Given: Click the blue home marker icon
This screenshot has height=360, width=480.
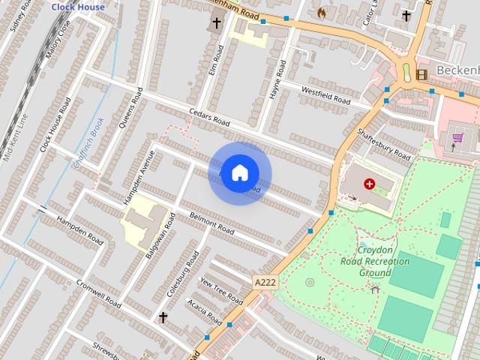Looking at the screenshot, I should pos(239,172).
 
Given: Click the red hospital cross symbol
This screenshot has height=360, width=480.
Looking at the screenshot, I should pos(370,183).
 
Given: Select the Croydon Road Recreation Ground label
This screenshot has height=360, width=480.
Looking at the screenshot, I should pos(374,262).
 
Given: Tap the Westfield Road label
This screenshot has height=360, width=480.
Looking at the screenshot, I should pos(325,95).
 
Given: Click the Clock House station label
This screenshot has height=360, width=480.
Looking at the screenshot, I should pos(77,7).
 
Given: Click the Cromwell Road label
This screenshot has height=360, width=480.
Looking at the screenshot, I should pos(97,293).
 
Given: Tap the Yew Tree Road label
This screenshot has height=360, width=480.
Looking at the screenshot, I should pos(221,289).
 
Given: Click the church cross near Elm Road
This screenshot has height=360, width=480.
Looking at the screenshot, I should pos(217,23).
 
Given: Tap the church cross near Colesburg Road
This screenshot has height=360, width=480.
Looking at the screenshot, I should pos(163,318).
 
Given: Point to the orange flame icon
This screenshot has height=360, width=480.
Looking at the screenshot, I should pos(322,13).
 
